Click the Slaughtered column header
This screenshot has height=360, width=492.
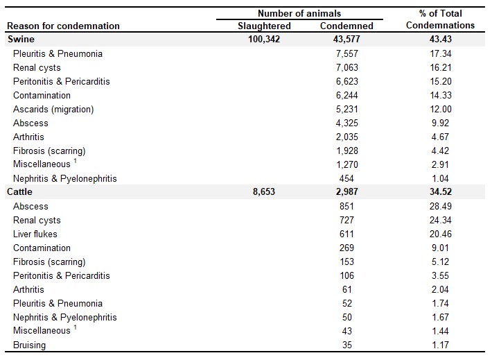(264, 26)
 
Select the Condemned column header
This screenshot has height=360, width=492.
(346, 26)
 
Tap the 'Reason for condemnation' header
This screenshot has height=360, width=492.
(63, 26)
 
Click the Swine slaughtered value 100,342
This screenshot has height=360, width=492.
(264, 40)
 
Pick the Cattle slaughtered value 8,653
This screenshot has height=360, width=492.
(264, 191)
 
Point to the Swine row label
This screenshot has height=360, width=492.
(21, 40)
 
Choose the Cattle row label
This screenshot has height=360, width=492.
(19, 191)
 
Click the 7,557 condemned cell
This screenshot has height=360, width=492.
(346, 53)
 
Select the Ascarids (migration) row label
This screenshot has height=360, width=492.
(53, 110)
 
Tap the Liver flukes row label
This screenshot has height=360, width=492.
(35, 234)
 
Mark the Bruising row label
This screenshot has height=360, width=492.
(30, 345)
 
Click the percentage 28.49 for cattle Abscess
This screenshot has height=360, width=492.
(441, 207)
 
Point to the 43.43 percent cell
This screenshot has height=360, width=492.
(441, 40)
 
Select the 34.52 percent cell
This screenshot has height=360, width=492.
(441, 191)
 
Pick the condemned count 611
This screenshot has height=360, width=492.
(346, 234)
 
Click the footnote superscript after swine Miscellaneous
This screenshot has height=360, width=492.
(76, 161)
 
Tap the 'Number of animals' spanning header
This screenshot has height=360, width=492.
(299, 13)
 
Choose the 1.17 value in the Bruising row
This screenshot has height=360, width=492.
(441, 345)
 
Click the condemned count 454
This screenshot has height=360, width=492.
(346, 179)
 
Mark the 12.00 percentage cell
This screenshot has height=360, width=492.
(441, 110)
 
